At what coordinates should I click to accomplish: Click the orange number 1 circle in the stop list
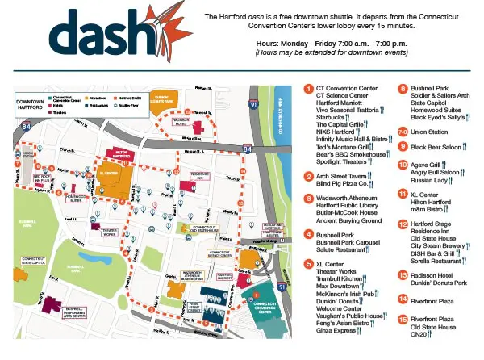pyautogui.click(x=309, y=87)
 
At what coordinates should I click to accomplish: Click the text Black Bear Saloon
pyautogui.click(x=437, y=146)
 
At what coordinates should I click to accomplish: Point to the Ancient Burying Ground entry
pyautogui.click(x=349, y=220)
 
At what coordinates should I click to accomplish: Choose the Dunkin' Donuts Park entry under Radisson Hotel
pyautogui.click(x=439, y=283)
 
